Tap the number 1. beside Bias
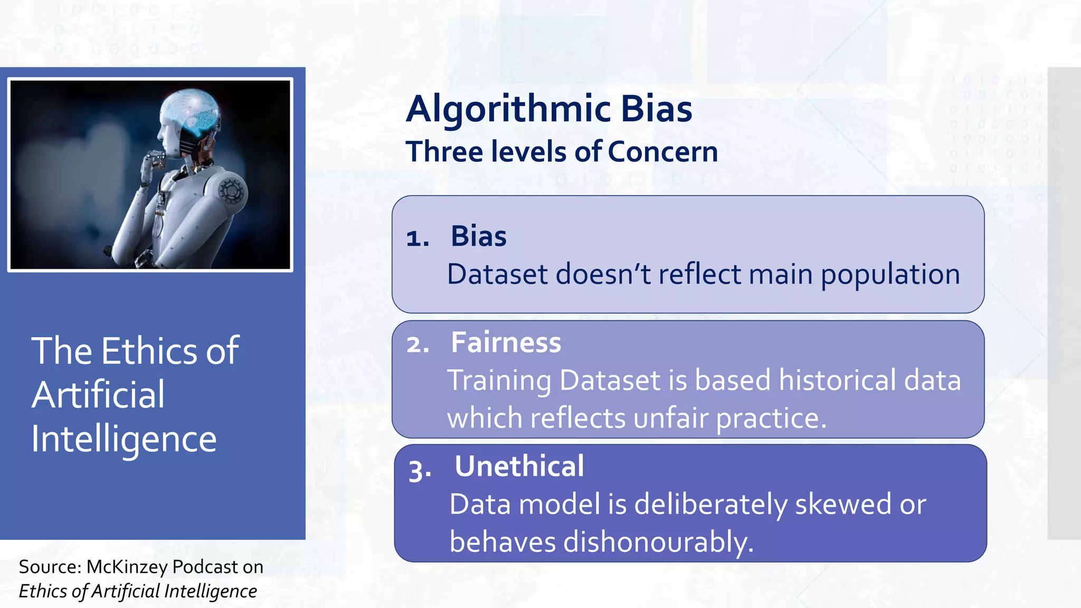click(x=418, y=238)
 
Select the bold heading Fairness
click(x=506, y=343)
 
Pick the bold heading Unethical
click(x=519, y=467)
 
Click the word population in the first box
click(x=890, y=275)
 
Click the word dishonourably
click(x=658, y=543)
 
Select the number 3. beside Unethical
click(x=420, y=470)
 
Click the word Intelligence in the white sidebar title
click(x=124, y=439)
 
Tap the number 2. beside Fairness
click(x=418, y=345)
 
